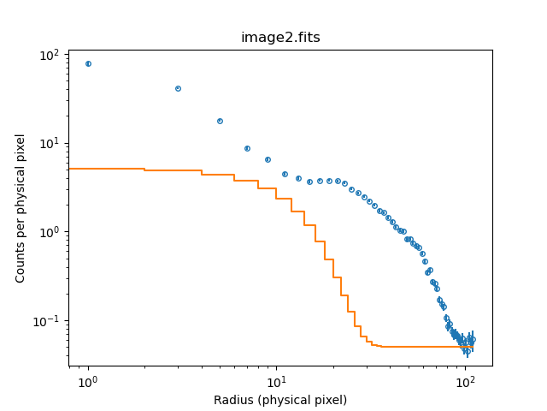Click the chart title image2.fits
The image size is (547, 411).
tap(280, 38)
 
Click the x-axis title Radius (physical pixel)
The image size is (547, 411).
tap(280, 400)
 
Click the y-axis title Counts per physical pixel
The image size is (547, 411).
tap(21, 207)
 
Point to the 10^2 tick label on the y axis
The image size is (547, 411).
tap(50, 55)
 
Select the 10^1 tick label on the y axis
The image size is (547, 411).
tap(50, 143)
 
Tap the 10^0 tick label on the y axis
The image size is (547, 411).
tap(50, 232)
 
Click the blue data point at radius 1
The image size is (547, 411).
tap(88, 64)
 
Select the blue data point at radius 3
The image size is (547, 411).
tap(178, 88)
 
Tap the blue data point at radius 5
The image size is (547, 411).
tap(220, 121)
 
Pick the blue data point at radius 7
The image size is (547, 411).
tap(247, 148)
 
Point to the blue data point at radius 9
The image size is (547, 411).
tap(268, 159)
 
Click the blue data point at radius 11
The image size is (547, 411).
tap(285, 174)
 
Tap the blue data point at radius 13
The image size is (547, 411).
tap(298, 178)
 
